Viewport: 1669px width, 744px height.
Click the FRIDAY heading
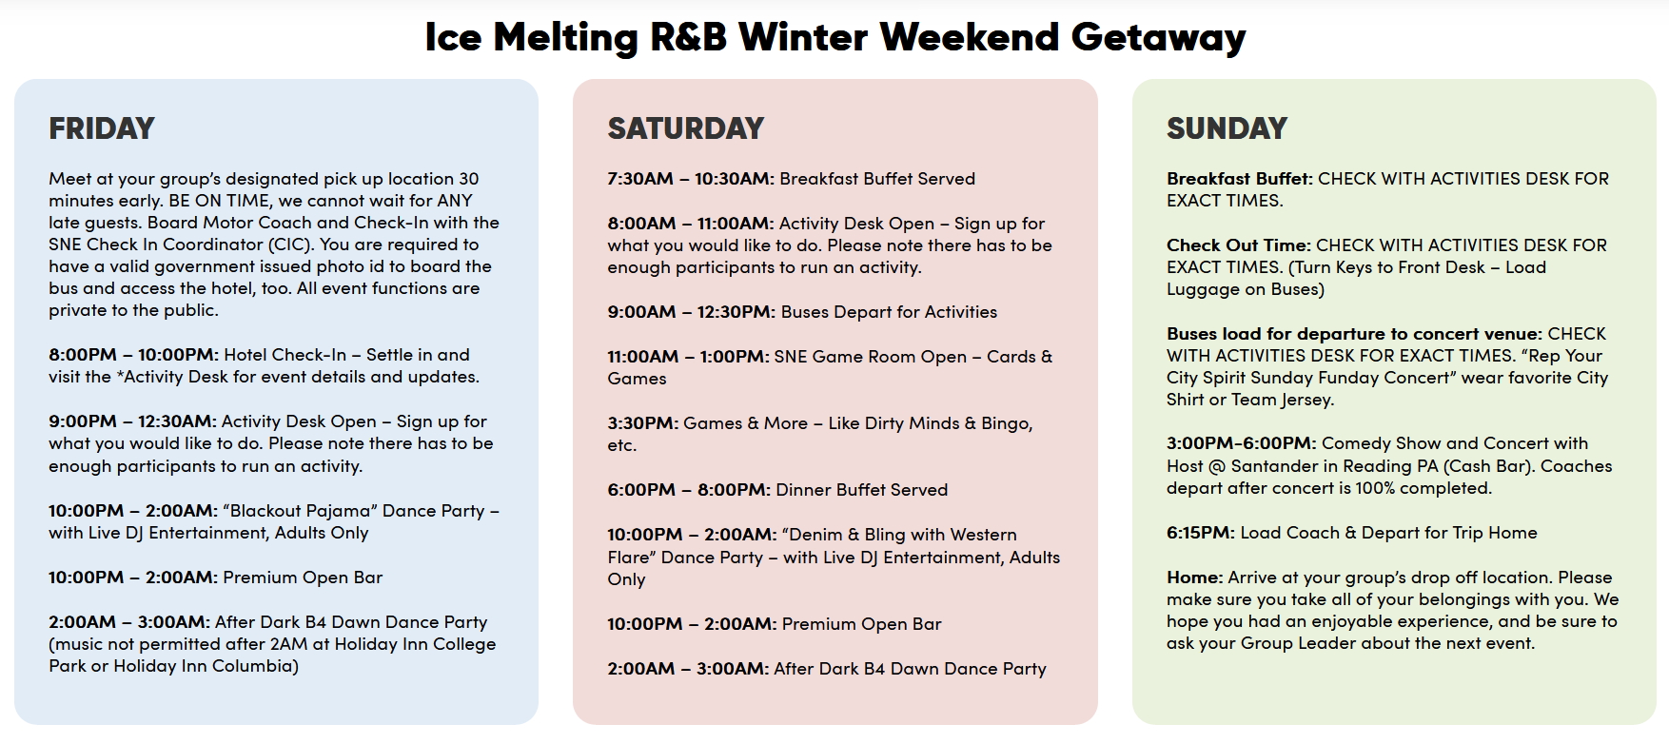click(x=102, y=128)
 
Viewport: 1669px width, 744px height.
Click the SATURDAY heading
click(x=686, y=128)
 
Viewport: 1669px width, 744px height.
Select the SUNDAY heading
click(x=1227, y=128)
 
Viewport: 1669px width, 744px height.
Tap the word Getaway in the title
click(x=1158, y=38)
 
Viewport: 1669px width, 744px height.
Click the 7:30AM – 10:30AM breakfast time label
click(x=691, y=179)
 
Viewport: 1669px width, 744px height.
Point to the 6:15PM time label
click(x=1201, y=533)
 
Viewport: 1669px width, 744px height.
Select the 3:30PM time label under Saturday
click(x=643, y=423)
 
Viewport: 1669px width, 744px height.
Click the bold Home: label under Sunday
click(x=1195, y=578)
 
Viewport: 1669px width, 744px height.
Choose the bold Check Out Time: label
click(x=1239, y=245)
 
